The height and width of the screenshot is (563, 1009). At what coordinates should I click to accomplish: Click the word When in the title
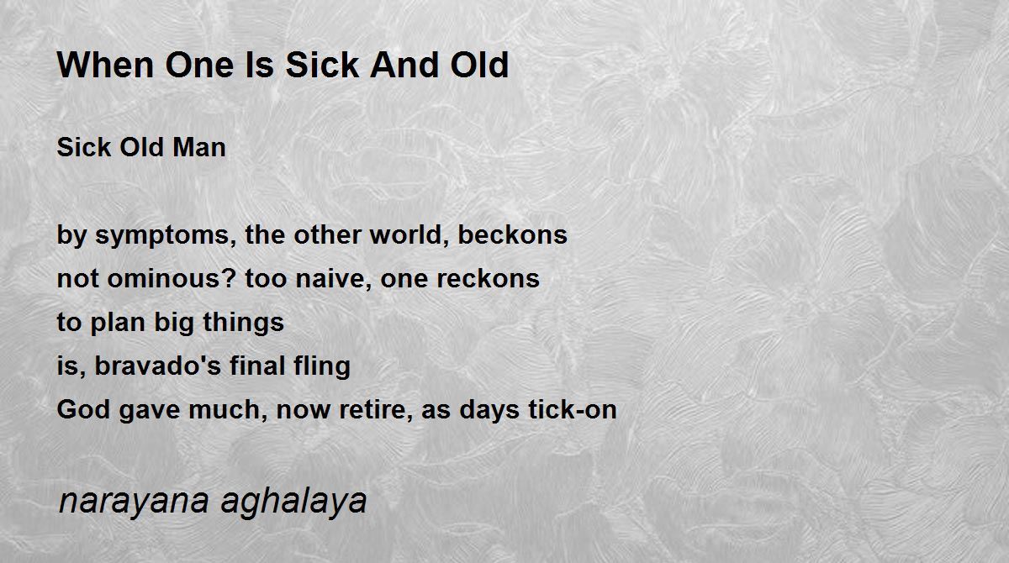[105, 65]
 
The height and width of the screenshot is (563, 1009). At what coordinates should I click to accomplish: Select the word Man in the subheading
[199, 147]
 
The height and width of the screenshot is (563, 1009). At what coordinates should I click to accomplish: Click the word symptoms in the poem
[166, 236]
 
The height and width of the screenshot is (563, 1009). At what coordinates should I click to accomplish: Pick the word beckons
[512, 234]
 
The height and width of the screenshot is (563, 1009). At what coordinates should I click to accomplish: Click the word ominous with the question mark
[172, 278]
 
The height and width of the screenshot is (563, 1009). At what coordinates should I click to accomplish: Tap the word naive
[333, 278]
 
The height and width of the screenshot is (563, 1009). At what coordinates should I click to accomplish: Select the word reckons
[489, 278]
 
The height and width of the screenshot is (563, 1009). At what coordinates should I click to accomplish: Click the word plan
[118, 323]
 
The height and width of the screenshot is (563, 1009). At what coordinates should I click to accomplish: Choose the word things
[243, 323]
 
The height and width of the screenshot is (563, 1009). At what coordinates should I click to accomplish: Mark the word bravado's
[158, 366]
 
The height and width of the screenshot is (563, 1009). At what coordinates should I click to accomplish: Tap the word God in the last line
[83, 409]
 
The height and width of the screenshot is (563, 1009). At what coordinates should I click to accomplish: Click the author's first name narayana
[134, 502]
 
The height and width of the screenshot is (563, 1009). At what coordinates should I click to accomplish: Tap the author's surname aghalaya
[293, 502]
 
